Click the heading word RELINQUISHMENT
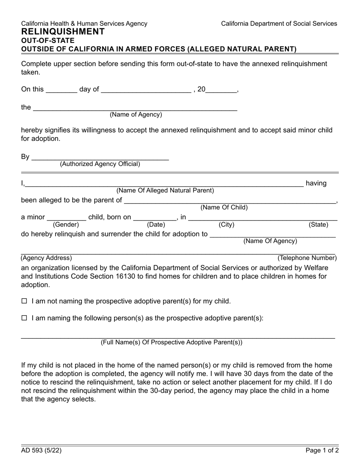(63, 32)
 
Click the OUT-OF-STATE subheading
(48, 41)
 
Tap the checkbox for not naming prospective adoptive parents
(24, 301)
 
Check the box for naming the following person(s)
(24, 318)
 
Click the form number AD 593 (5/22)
(41, 450)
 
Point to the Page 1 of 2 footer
(322, 450)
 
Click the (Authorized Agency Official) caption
(100, 164)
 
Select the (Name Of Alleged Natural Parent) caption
(165, 190)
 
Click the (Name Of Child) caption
(224, 207)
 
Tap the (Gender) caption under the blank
(66, 225)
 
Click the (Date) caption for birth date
(156, 225)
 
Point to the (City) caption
(226, 225)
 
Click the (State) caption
(318, 225)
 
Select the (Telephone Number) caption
(307, 258)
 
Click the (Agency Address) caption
(46, 258)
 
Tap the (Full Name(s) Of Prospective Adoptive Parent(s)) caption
(171, 342)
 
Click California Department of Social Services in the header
(279, 23)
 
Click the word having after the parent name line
(316, 183)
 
